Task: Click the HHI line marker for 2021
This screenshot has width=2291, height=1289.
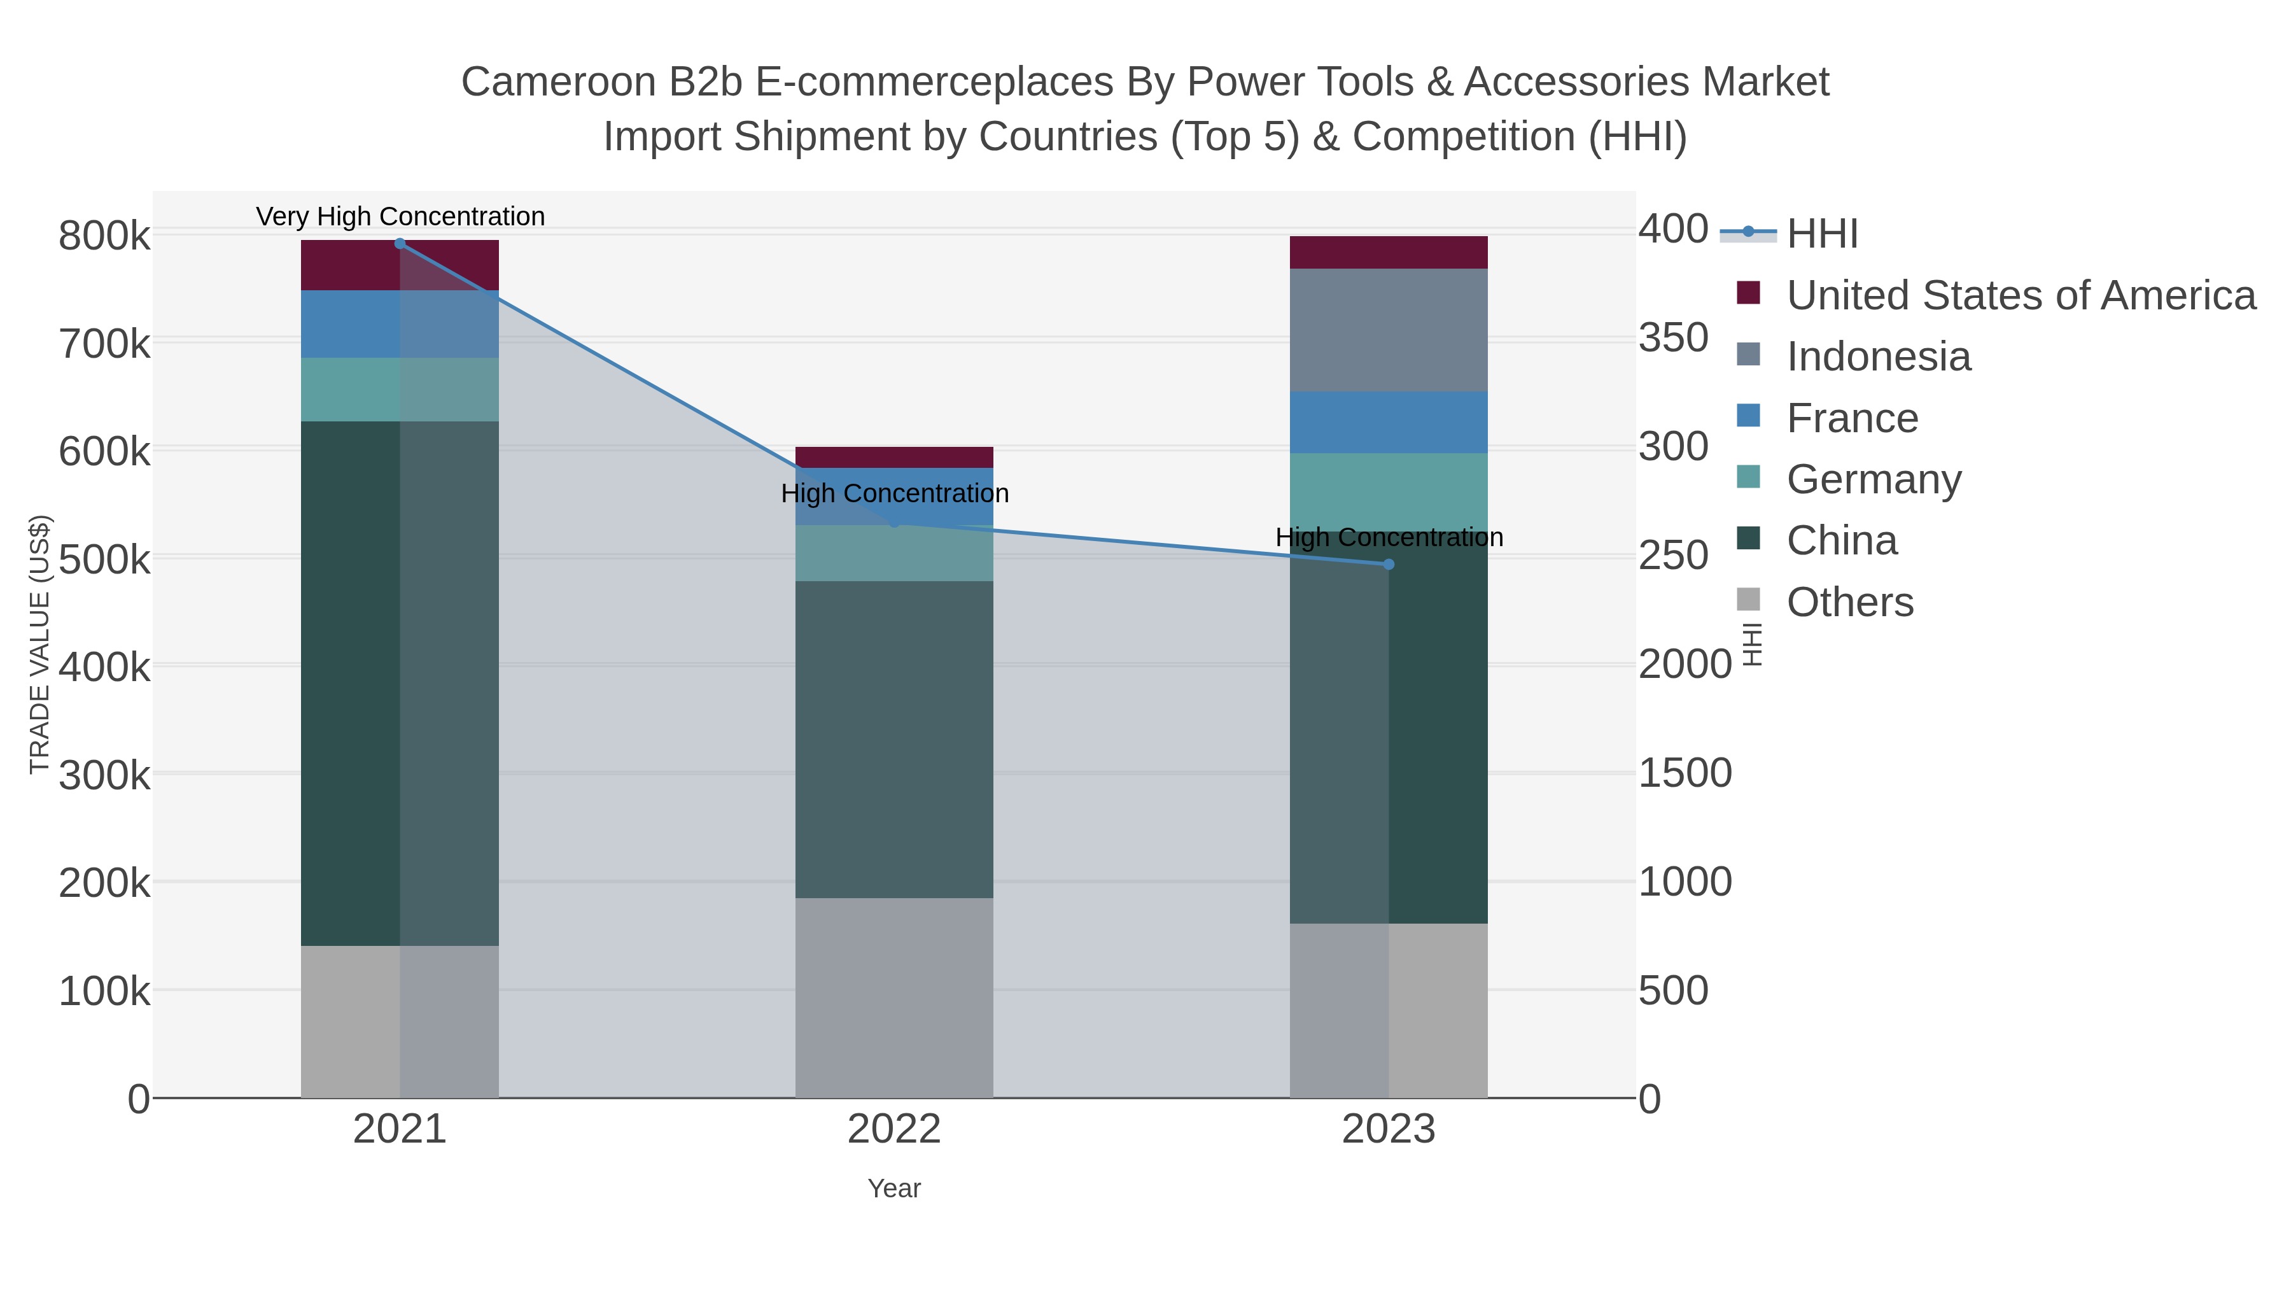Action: tap(399, 244)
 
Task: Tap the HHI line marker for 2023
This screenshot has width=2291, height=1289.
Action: tap(1389, 564)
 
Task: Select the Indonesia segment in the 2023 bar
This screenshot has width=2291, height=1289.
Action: tap(1389, 330)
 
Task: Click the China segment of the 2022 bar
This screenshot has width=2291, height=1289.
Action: tap(894, 738)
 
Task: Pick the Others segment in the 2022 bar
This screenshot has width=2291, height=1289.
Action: tap(894, 997)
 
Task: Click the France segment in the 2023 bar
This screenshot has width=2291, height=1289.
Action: tap(1389, 423)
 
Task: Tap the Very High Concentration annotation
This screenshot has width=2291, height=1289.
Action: tap(400, 216)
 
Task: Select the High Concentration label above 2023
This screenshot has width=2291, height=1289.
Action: tap(1389, 537)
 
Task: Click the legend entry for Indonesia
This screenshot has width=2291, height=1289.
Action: tap(1879, 356)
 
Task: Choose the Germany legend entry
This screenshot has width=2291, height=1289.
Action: tap(1874, 479)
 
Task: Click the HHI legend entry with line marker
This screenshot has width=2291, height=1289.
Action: tap(1821, 233)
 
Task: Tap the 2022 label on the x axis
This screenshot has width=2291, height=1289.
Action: tap(894, 1130)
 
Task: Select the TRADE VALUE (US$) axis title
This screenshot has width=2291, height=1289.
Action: tap(40, 644)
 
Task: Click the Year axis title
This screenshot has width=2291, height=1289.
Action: tap(894, 1188)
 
